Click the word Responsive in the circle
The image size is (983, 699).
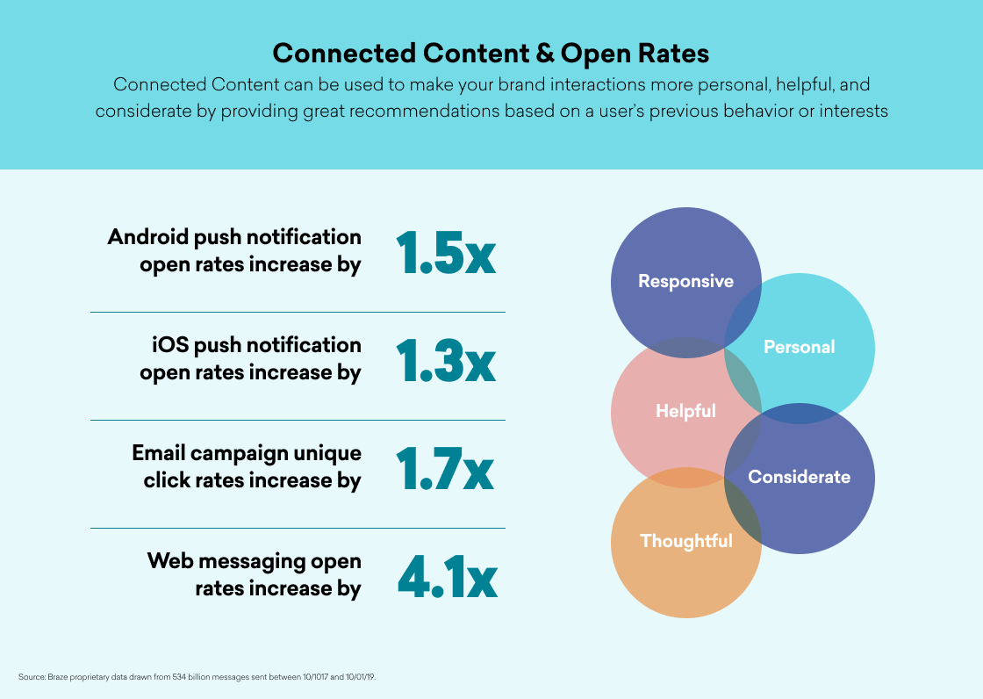point(685,281)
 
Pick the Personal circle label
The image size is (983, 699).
point(799,347)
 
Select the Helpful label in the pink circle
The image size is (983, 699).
point(685,411)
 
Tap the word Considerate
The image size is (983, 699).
point(799,477)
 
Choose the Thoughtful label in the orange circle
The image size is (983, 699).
point(685,541)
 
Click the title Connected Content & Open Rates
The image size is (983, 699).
point(491,53)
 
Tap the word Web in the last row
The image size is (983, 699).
point(169,561)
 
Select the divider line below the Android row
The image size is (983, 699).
point(298,312)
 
